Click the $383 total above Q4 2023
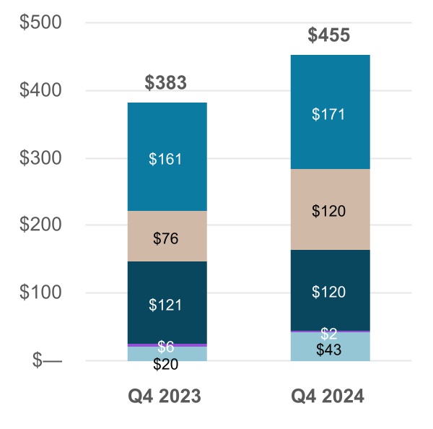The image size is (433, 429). (x=166, y=83)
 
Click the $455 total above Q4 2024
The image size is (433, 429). (x=328, y=35)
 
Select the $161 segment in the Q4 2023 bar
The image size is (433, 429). (x=166, y=160)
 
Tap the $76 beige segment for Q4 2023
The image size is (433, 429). (x=166, y=238)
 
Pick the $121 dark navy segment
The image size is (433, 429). (x=166, y=305)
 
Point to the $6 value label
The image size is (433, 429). (x=166, y=347)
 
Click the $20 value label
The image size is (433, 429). (x=166, y=364)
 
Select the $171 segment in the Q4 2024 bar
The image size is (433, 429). (x=328, y=114)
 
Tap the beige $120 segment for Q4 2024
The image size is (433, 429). (x=328, y=211)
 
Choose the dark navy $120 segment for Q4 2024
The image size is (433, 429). (x=328, y=292)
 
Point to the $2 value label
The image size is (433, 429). (x=328, y=334)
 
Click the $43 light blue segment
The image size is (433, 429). (x=328, y=350)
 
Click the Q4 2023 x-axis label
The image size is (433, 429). (x=166, y=396)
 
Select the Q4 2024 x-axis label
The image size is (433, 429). (x=328, y=396)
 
